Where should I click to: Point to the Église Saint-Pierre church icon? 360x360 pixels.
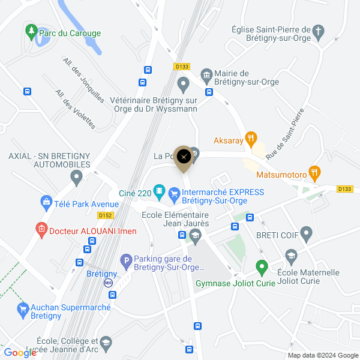coord(319,30)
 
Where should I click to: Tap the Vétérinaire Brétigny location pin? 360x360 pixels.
coord(184,82)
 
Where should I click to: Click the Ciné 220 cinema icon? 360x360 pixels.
coord(159,192)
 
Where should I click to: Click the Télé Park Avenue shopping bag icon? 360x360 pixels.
coord(46,203)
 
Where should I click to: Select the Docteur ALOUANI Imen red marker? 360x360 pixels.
coord(41,230)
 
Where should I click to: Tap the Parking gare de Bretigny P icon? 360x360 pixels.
coord(125,262)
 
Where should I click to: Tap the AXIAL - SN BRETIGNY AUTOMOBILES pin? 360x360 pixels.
coord(76,177)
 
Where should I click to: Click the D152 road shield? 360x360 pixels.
coord(106,215)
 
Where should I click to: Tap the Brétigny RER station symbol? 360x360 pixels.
coord(109,283)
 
